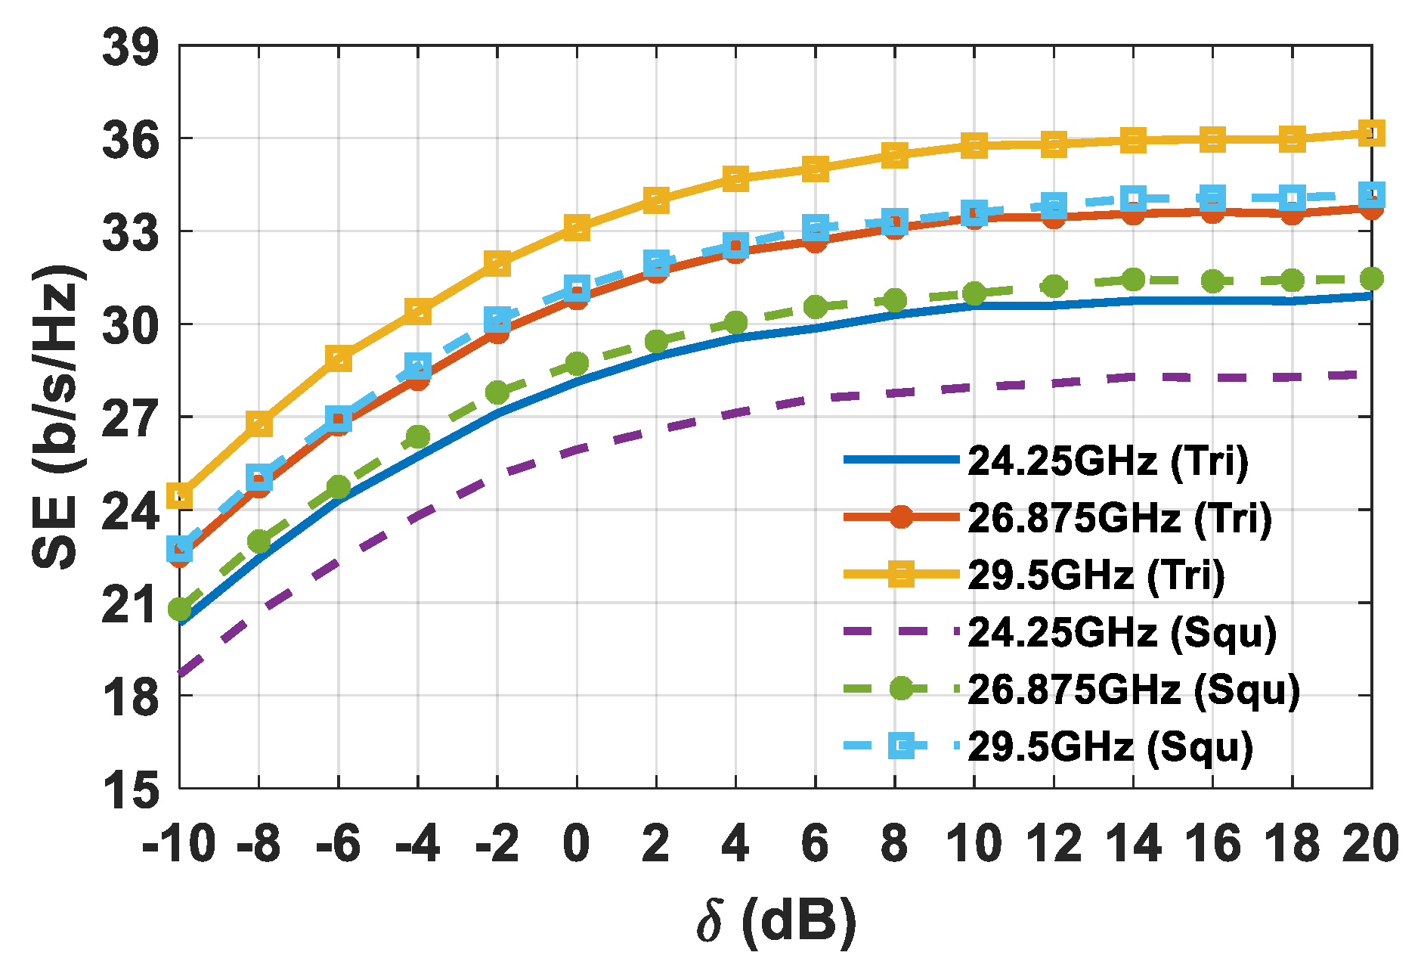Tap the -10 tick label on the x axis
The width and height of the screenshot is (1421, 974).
click(178, 844)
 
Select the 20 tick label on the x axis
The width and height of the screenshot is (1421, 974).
click(1370, 844)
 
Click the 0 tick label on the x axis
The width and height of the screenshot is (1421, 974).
click(576, 844)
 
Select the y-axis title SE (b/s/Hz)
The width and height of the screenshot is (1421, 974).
click(57, 417)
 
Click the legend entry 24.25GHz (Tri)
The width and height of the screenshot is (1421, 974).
click(1107, 461)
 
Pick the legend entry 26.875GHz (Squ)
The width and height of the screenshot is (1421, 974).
click(1134, 689)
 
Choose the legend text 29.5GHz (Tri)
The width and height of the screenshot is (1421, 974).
click(1096, 575)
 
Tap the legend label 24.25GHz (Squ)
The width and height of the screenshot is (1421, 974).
click(1122, 632)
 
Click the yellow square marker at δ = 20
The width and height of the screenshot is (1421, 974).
click(1371, 133)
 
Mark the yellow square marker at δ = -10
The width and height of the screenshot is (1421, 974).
click(180, 496)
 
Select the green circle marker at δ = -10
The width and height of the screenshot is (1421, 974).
click(180, 609)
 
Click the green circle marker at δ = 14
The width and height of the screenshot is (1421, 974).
click(1132, 279)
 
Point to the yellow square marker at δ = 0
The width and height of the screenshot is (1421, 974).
click(577, 227)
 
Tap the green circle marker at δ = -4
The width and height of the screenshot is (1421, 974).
click(418, 436)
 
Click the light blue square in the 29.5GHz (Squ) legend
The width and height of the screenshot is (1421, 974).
click(900, 746)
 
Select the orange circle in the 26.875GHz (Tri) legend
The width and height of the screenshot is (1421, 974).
click(900, 517)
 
